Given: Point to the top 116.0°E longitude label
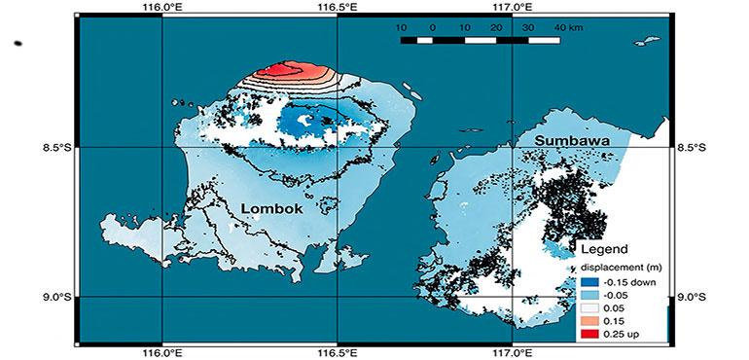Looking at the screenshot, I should click(161, 7).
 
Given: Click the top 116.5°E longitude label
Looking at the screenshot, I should click(337, 7).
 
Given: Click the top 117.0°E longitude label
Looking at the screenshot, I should click(513, 7).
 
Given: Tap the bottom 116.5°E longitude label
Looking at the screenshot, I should click(337, 353).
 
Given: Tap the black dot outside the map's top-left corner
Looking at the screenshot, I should click(19, 43).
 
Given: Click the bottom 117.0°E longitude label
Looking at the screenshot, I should click(513, 353).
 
